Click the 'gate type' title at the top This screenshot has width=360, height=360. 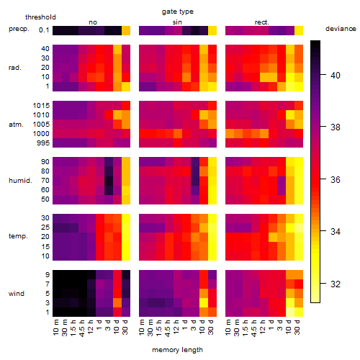click(178, 12)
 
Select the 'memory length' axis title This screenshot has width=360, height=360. click(177, 350)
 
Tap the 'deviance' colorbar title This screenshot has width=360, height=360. click(341, 29)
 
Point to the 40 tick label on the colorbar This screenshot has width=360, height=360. click(336, 76)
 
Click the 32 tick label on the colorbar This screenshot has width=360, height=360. click(336, 284)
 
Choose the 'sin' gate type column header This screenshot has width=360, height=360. click(177, 22)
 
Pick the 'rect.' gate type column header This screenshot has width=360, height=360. click(262, 22)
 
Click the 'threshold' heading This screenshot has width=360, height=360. click(40, 17)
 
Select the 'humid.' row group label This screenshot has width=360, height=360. click(20, 181)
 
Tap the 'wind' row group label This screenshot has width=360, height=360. click(17, 294)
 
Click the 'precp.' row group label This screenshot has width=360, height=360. click(19, 30)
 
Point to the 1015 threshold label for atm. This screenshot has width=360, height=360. click(41, 106)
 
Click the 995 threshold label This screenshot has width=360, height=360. click(43, 143)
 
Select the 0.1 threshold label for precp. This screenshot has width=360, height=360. click(44, 30)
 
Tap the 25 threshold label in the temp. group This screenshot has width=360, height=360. click(45, 228)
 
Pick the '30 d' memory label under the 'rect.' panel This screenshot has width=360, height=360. click(297, 327)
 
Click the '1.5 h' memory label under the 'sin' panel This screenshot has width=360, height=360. click(160, 328)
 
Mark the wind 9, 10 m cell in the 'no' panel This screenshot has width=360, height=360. click(57, 275)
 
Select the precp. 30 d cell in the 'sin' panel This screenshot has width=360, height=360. click(212, 30)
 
